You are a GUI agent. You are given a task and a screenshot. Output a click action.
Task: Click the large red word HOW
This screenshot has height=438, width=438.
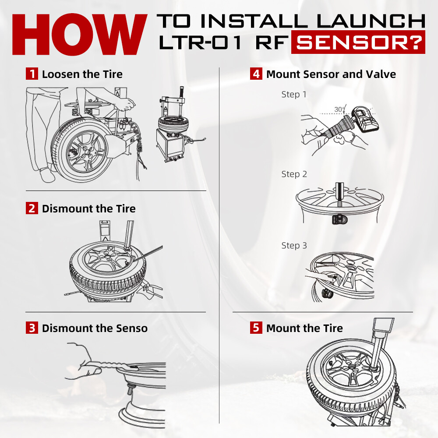pos(80,34)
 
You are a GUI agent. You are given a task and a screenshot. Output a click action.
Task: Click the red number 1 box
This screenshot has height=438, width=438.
pos(32,74)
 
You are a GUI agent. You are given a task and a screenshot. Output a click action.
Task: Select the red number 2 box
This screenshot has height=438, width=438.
pos(32,208)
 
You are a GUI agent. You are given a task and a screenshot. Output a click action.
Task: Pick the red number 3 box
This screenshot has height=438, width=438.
pos(32,328)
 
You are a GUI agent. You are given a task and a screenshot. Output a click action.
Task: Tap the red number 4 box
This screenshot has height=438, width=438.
pos(256,74)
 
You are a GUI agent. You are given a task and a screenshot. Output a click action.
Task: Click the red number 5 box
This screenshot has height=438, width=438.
pos(256,328)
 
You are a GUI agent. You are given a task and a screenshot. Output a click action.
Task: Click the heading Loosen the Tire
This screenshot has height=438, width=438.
pos(82,74)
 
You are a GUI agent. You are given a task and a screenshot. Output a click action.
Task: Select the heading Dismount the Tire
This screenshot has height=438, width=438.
pos(89,208)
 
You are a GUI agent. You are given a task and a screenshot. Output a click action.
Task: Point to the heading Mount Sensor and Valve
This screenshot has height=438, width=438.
pos(331,74)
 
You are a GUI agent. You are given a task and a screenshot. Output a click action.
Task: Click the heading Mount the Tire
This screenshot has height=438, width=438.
pos(304,328)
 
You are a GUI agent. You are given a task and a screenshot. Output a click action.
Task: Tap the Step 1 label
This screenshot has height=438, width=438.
pos(294,95)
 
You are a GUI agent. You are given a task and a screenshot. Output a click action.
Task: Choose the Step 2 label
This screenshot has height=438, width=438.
pos(294,174)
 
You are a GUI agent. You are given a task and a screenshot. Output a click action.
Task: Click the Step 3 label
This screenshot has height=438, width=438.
pos(294,246)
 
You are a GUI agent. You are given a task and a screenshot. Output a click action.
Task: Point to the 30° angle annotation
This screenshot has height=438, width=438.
pos(340,109)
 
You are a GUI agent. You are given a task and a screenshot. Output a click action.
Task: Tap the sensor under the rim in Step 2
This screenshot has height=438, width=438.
pos(339,219)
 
